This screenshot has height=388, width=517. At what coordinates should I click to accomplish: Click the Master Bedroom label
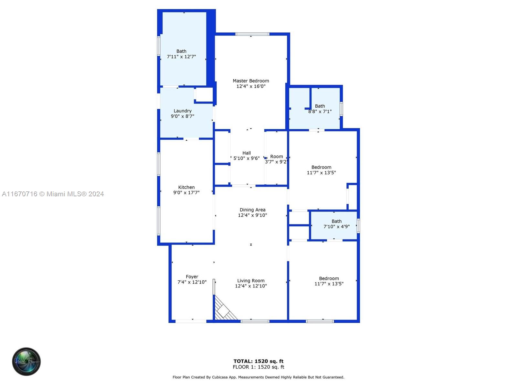coord(251,81)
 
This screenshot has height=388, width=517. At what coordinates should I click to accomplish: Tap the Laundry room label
coord(183,111)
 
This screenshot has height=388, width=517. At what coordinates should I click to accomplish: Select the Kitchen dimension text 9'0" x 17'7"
coord(186,193)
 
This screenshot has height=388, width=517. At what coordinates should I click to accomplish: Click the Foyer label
coord(192,277)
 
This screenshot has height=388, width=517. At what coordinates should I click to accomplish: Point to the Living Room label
coord(251,281)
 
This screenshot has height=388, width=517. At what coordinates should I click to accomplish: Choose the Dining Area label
coord(252,210)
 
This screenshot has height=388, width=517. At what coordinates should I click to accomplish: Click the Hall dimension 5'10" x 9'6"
coord(246,158)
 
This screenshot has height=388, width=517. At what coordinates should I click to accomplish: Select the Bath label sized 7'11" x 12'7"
coord(181,51)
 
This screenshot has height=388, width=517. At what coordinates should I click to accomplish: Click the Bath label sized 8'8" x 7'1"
coord(320,106)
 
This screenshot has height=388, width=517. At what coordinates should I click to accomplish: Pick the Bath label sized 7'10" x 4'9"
coord(336,221)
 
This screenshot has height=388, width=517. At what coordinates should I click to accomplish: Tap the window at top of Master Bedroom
coord(252,34)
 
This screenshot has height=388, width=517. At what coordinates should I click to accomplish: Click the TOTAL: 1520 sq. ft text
coord(258,361)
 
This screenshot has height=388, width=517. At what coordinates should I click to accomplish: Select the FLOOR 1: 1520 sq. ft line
coord(258,367)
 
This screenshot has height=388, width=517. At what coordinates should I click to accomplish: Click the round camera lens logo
coord(26,361)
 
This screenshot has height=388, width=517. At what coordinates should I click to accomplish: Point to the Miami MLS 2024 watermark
coord(53,194)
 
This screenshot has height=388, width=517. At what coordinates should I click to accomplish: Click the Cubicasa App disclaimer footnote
coord(258,377)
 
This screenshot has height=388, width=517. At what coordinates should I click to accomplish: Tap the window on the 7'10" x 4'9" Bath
coord(358,226)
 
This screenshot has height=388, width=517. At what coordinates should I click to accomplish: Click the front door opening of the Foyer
coord(191,321)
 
